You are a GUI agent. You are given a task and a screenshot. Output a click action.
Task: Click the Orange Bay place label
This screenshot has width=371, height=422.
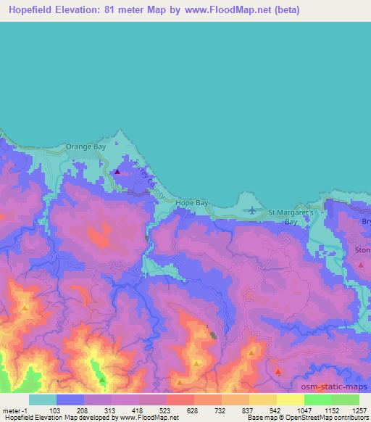86,146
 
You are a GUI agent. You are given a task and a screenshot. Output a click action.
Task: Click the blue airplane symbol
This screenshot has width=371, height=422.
252,210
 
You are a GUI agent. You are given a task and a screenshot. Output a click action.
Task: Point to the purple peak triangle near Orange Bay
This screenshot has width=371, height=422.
117,173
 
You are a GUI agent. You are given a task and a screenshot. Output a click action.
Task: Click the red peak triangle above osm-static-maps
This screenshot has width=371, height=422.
278,371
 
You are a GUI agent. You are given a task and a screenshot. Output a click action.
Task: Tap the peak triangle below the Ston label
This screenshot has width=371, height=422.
361,266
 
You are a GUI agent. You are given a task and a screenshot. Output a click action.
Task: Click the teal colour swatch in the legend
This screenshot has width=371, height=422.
43,400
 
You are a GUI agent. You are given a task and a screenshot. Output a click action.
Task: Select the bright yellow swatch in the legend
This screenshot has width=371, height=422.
291,400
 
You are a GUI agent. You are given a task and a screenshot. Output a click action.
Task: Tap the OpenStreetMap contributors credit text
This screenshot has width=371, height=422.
327,418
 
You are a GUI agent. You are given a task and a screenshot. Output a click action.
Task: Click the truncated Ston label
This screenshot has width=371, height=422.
362,250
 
